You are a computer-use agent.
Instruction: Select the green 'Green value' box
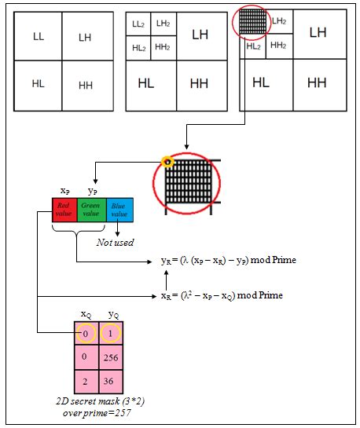[x=92, y=210]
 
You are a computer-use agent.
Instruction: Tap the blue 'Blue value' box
[x=120, y=210]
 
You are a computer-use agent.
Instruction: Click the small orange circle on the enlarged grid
[x=166, y=163]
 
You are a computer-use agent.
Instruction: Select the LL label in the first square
[x=39, y=37]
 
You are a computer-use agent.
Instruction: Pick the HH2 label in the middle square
[x=163, y=47]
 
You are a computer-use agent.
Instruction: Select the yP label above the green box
[x=92, y=191]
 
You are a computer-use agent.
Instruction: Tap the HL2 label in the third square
[x=253, y=46]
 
